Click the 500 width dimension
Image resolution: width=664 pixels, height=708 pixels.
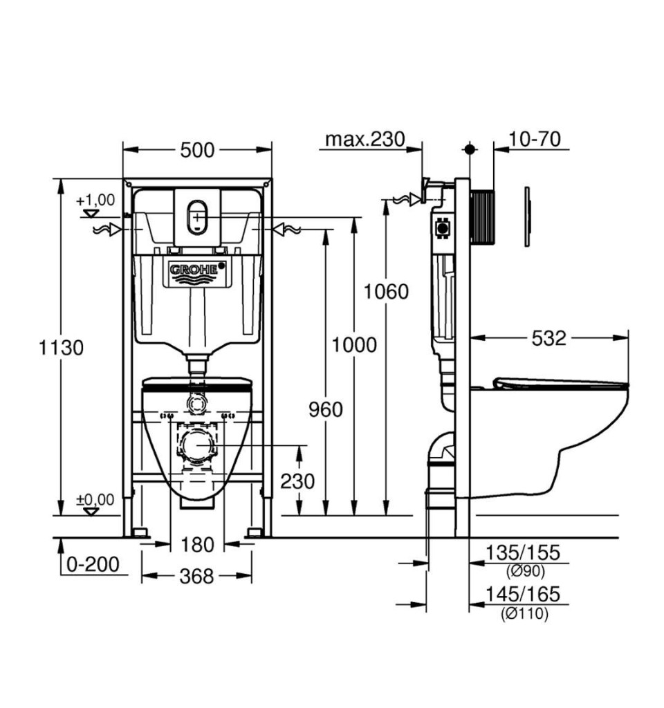[x=197, y=149]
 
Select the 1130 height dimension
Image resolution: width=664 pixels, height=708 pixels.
[x=61, y=347]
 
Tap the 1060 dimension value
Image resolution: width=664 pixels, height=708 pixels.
[x=386, y=291]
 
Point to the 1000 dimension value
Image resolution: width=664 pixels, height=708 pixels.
[x=353, y=344]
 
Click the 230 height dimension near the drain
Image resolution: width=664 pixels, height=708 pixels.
[x=297, y=480]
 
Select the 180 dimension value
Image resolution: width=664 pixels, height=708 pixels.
[x=197, y=545]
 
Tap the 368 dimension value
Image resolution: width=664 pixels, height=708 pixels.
[x=197, y=575]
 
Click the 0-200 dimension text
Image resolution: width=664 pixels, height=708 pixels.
[x=93, y=564]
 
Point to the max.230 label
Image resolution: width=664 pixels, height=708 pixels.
[x=365, y=139]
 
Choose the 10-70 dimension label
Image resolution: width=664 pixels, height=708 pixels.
[x=535, y=139]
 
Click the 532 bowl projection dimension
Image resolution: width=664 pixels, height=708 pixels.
[x=548, y=338]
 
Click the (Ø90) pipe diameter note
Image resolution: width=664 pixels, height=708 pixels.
[x=525, y=571]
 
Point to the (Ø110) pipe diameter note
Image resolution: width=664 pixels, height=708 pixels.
[x=525, y=613]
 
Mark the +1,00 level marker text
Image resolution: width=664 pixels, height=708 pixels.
[x=95, y=200]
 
